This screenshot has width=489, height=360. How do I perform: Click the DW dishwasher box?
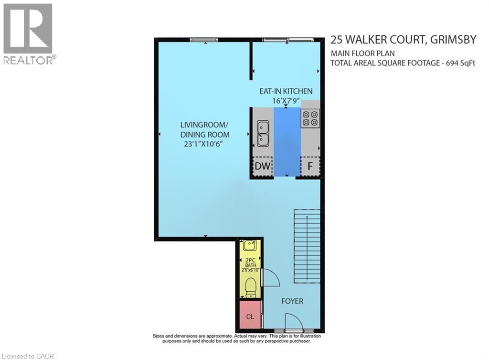click(262, 167)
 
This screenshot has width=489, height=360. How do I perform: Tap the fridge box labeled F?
click(310, 167)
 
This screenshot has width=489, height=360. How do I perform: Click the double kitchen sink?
click(263, 133)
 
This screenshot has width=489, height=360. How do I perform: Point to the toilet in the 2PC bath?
click(250, 287)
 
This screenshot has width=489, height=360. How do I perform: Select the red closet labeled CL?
click(250, 316)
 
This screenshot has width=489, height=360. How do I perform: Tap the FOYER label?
click(291, 301)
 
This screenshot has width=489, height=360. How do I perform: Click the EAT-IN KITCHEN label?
click(286, 91)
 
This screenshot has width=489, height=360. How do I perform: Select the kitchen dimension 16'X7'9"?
click(286, 100)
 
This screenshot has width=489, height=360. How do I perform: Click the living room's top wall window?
click(204, 40)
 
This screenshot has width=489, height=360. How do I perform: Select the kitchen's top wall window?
click(286, 40)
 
